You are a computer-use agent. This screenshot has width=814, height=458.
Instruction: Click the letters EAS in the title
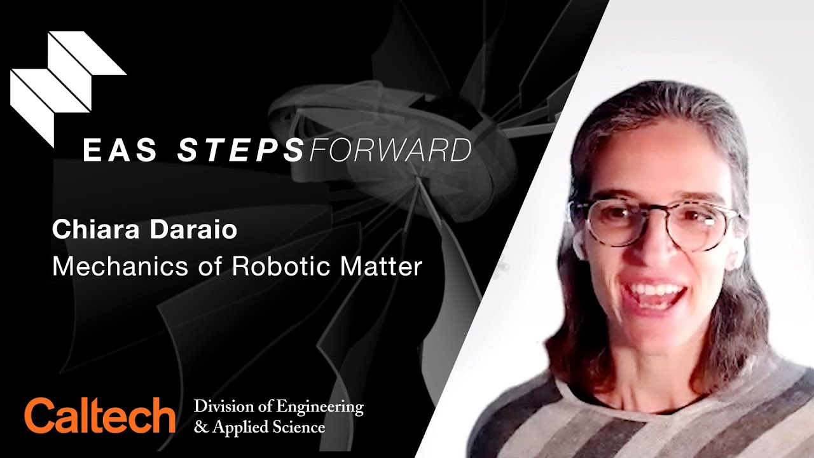120,150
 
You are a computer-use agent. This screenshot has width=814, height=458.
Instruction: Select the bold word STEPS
240,150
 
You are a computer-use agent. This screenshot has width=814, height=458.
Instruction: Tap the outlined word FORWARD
390,150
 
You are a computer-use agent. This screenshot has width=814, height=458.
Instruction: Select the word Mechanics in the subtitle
120,267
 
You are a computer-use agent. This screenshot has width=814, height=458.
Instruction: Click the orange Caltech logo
100,415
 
